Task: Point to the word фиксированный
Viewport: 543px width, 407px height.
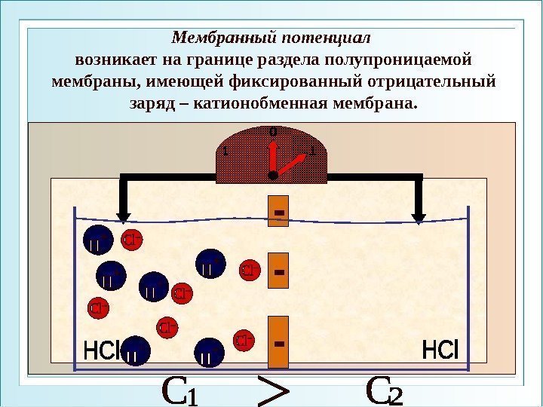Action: click(304, 79)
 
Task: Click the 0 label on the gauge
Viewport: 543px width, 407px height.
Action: click(273, 133)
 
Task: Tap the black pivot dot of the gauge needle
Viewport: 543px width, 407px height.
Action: click(272, 174)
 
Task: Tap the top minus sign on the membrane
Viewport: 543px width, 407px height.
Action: click(279, 215)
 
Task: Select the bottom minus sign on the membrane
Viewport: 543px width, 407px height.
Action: click(279, 344)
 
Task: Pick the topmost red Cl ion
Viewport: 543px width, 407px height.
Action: click(133, 240)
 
